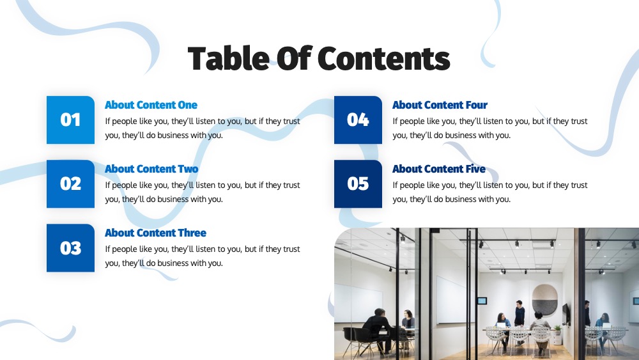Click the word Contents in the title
[x=383, y=58]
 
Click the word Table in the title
[x=228, y=58]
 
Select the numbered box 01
[x=70, y=120]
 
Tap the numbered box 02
[x=70, y=184]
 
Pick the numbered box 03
[x=70, y=248]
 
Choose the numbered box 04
[x=358, y=120]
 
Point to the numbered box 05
[x=358, y=184]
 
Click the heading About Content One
[x=151, y=105]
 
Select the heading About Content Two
[x=151, y=169]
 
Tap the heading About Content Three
[x=156, y=233]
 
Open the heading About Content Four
[x=440, y=105]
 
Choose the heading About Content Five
[x=439, y=169]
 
